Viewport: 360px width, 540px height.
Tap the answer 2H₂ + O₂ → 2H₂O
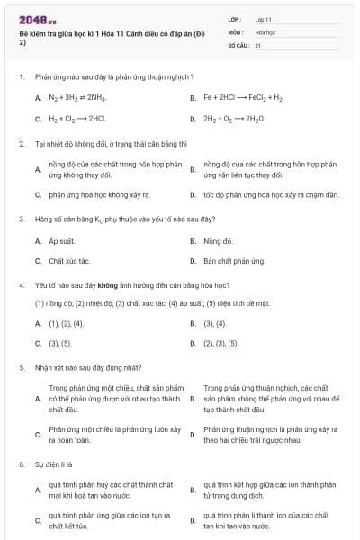coord(231,118)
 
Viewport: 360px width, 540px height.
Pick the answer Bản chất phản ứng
coord(234,261)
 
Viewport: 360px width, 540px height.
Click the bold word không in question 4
coord(121,285)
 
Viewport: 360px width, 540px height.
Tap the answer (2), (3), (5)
coord(220,343)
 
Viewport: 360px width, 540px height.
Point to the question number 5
coord(21,367)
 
